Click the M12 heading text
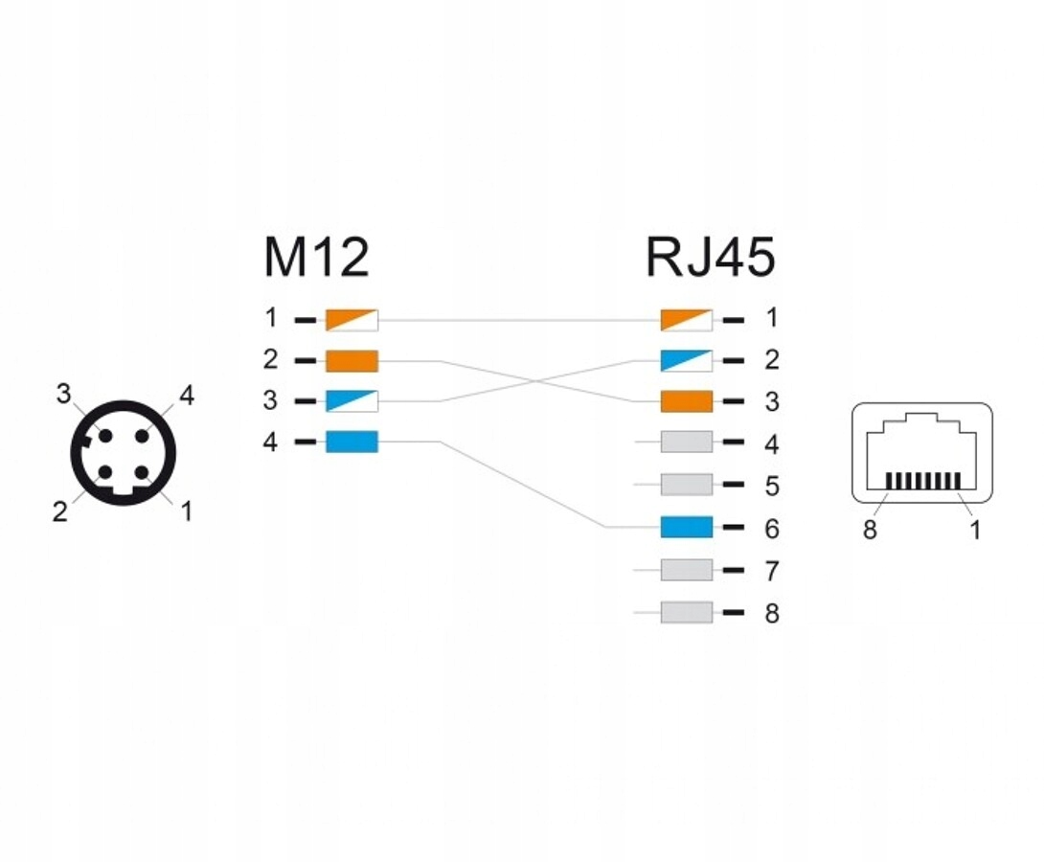point(316,258)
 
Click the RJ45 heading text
point(710,258)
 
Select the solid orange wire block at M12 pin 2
point(352,361)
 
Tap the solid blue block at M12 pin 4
point(352,442)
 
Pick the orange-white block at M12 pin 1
point(352,320)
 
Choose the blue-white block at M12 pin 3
point(352,401)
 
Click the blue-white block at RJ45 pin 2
point(687,361)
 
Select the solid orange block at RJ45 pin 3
point(687,401)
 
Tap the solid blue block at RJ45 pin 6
point(687,527)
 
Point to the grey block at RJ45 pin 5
point(687,486)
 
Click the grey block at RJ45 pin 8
point(687,612)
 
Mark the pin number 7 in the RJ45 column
point(771,572)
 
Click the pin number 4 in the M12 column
point(270,442)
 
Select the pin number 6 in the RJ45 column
point(771,529)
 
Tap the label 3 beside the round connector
point(63,394)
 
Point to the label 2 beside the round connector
point(59,512)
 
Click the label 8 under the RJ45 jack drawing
point(870,530)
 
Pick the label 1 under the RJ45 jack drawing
point(975,530)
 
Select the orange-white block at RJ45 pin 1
point(687,320)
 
